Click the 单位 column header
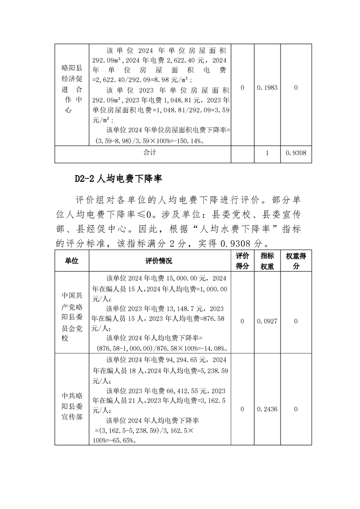pyautogui.click(x=72, y=261)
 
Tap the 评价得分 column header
pyautogui.click(x=242, y=261)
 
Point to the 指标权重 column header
pyautogui.click(x=267, y=261)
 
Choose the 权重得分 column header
pyautogui.click(x=296, y=261)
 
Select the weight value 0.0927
pyautogui.click(x=267, y=321)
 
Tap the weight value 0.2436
pyautogui.click(x=267, y=409)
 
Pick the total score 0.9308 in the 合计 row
pyautogui.click(x=296, y=153)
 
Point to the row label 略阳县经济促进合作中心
pyautogui.click(x=72, y=89)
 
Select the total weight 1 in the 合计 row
pyautogui.click(x=267, y=153)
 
